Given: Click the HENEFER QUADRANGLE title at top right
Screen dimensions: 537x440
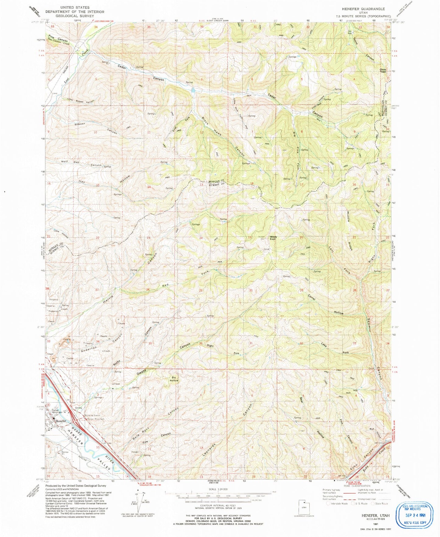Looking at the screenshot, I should [x=363, y=9].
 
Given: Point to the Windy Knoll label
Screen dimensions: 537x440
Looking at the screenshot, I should [x=273, y=238].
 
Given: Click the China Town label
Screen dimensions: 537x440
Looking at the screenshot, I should [x=382, y=71].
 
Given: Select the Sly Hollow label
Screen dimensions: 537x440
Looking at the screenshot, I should [x=174, y=379].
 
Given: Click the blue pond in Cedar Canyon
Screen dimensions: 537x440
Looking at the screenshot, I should [x=193, y=90].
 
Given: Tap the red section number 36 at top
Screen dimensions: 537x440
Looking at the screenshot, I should [x=202, y=27].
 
